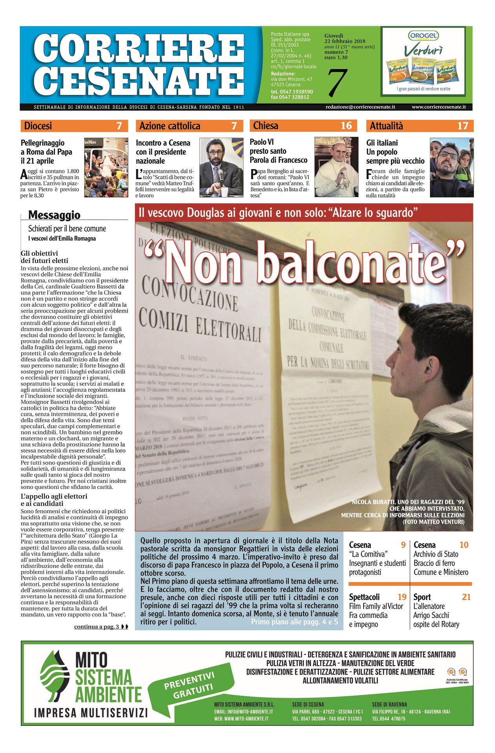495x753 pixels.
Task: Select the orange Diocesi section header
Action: [74, 126]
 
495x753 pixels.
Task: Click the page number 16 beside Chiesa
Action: [346, 125]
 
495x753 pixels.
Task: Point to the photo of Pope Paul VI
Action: [336, 167]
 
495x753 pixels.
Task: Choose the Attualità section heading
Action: [386, 126]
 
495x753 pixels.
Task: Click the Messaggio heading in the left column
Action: [54, 215]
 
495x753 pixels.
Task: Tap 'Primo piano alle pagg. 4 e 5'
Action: [294, 622]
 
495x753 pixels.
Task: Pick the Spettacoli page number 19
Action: [402, 597]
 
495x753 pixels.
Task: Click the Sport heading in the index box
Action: [422, 597]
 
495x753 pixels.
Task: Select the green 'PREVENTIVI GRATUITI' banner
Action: [189, 685]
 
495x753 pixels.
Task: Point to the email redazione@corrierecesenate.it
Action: [360, 107]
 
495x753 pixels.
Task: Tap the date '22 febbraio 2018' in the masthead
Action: [345, 41]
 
